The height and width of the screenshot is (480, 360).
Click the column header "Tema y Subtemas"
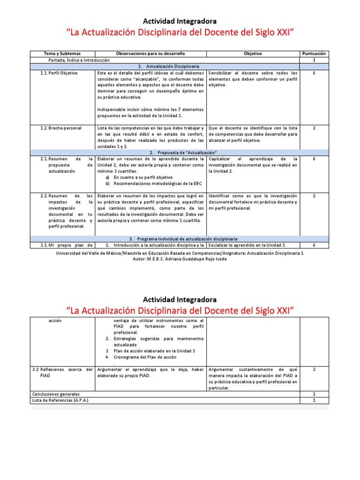pos(62,54)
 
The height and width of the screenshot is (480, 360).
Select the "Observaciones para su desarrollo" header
pos(150,54)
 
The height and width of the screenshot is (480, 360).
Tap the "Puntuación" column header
pos(314,54)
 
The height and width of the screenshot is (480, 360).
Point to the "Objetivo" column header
pos(253,54)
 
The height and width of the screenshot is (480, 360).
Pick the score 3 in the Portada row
pos(314,60)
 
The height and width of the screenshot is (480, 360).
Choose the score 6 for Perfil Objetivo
pos(314,74)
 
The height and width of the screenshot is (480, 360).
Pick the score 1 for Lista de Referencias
pos(314,401)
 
